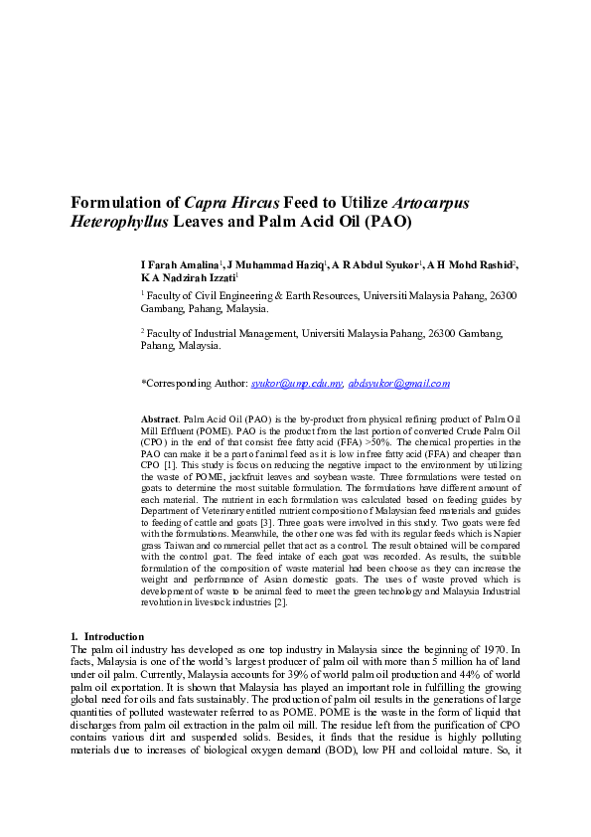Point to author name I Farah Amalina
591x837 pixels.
pyautogui.click(x=180, y=265)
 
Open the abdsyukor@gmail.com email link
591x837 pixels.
pyautogui.click(x=398, y=383)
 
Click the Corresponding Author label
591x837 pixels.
pyautogui.click(x=194, y=383)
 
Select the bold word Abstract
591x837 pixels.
pyautogui.click(x=160, y=422)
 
